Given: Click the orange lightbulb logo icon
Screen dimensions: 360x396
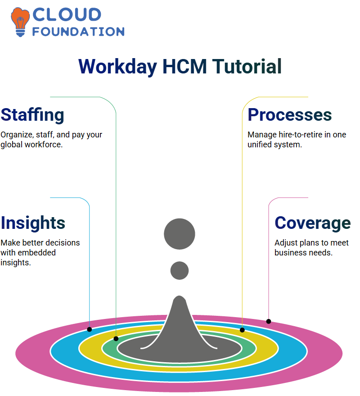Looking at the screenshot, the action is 20,22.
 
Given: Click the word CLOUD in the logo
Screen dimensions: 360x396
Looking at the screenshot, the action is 67,14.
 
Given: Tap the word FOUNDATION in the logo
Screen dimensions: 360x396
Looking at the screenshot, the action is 78,32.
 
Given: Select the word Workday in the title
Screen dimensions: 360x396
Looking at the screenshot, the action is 118,67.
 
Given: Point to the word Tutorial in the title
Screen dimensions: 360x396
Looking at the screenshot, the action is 247,66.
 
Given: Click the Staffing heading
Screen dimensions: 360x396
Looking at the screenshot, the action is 32,115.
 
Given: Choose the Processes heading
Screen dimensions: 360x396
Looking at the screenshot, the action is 290,115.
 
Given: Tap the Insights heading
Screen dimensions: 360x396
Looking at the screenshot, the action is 33,223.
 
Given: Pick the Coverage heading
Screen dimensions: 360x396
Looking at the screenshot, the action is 313,223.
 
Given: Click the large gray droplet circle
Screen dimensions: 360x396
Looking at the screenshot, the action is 180,234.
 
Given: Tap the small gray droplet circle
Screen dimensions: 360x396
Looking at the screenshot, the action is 180,270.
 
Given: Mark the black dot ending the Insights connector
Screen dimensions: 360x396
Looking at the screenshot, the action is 89,329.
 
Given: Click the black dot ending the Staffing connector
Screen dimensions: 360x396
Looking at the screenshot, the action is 116,339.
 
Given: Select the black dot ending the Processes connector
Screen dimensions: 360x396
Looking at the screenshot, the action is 242,330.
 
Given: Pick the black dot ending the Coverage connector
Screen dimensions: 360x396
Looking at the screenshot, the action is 269,322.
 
